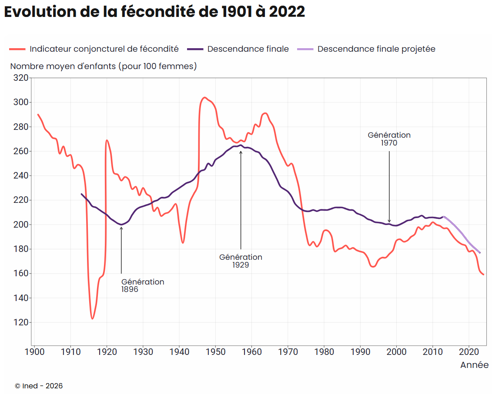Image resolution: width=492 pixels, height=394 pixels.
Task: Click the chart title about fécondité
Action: (154, 12)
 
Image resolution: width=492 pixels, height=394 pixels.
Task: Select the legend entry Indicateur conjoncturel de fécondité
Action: (104, 49)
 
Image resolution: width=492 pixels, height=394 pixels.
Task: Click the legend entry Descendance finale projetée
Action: (376, 49)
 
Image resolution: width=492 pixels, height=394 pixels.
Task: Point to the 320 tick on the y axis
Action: (20, 78)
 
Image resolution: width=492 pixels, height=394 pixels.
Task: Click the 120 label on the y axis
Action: (20, 322)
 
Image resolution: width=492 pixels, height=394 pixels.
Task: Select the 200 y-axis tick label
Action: (20, 225)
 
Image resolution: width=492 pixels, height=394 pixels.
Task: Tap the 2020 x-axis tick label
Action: (469, 351)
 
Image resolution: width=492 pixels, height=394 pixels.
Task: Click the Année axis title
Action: (474, 365)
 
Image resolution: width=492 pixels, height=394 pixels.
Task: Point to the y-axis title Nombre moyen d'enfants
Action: (103, 66)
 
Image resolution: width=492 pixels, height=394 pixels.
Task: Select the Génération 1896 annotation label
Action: (142, 285)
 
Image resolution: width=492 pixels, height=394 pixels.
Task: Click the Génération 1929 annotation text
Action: (241, 261)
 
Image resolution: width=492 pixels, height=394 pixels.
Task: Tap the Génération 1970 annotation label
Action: (389, 139)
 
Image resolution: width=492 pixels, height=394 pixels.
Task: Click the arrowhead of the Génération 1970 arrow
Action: (389, 221)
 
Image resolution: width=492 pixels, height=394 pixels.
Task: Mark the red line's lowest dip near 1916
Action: (92, 319)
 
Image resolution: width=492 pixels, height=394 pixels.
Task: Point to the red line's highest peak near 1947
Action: (205, 97)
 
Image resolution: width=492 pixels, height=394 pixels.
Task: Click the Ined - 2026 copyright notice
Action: (39, 386)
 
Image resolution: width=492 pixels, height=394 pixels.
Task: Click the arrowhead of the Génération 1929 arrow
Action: (241, 151)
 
